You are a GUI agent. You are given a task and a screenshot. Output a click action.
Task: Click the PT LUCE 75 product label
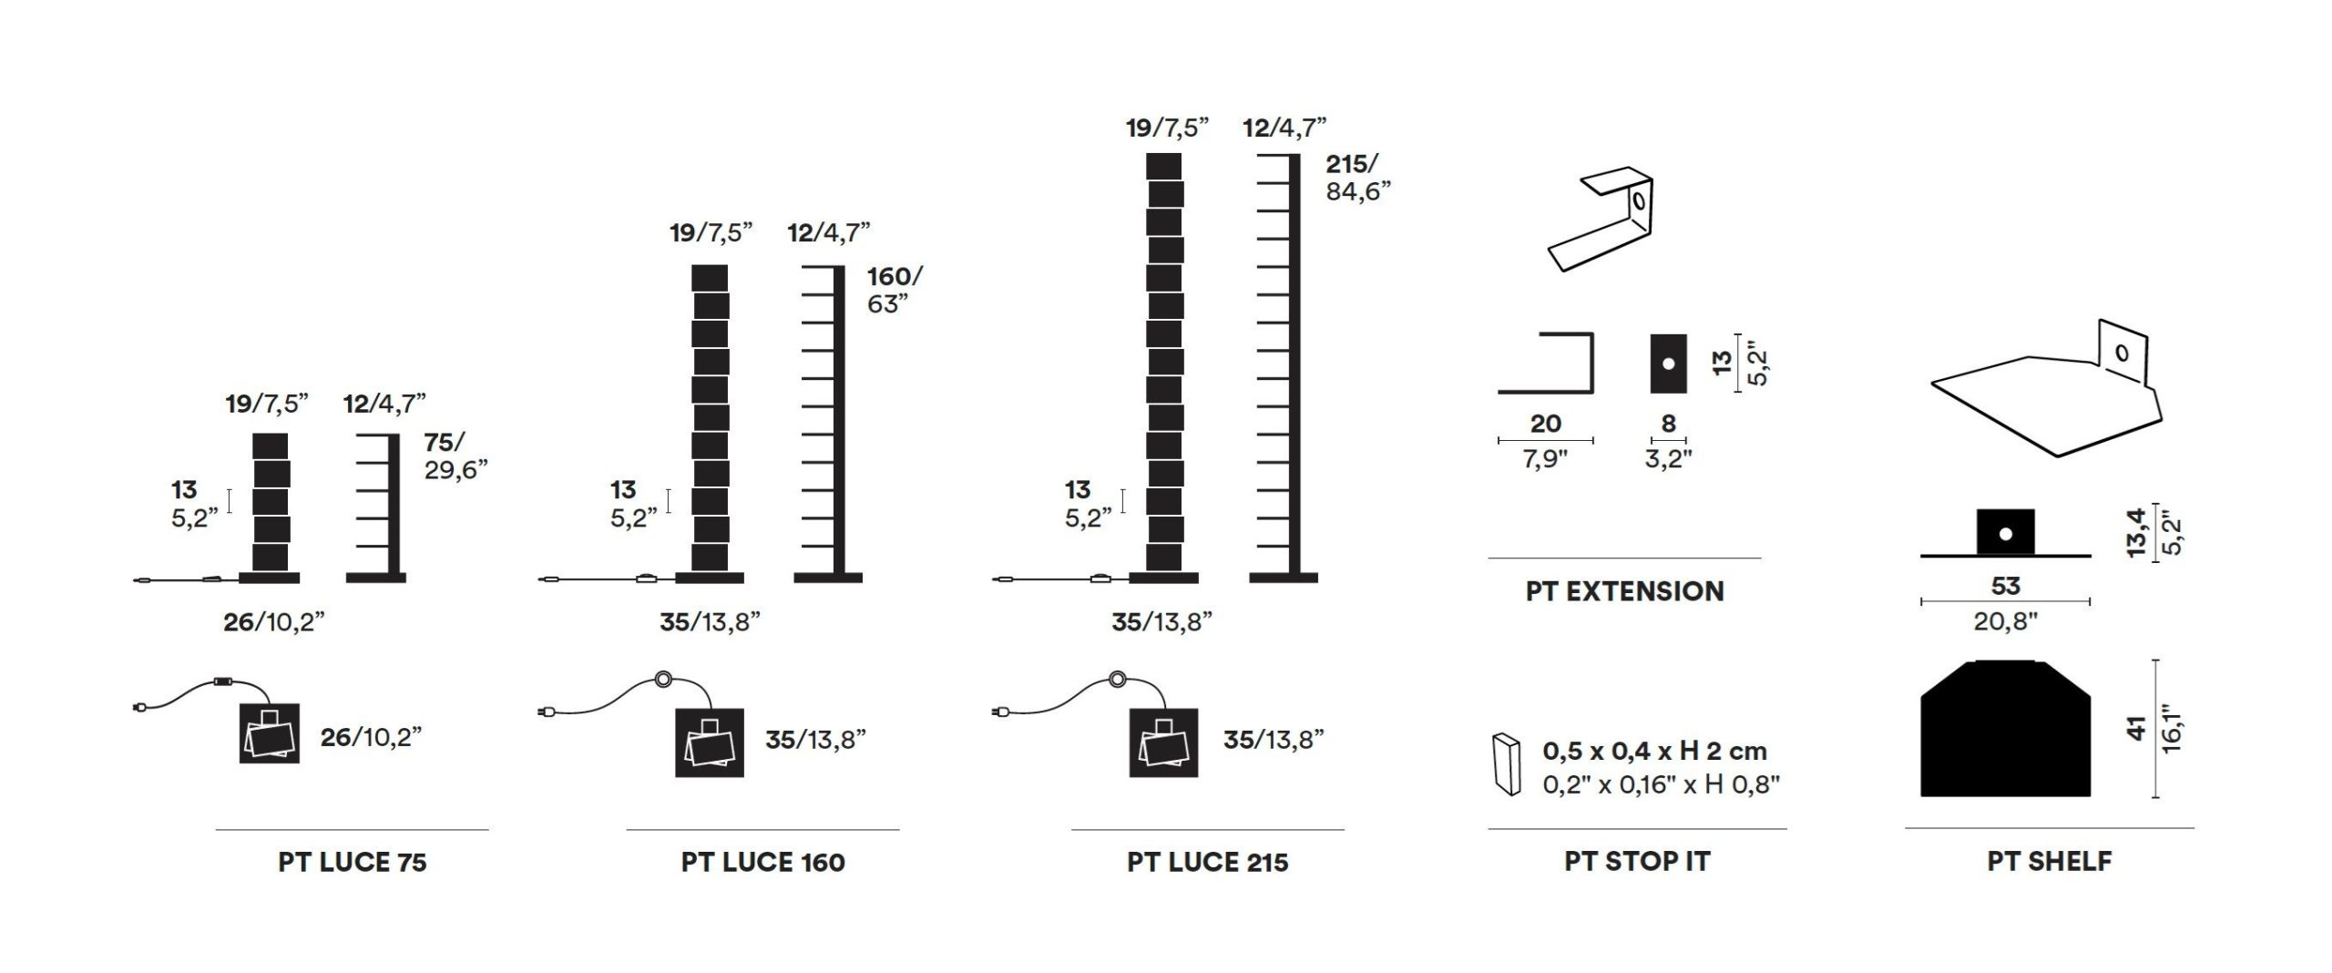(353, 862)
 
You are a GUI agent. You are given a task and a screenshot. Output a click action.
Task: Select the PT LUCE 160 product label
(763, 862)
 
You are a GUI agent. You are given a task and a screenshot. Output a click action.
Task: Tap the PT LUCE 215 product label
(1208, 862)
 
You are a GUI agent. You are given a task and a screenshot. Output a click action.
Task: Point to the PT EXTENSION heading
(1625, 591)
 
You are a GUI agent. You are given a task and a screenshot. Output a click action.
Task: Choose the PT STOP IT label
(1638, 861)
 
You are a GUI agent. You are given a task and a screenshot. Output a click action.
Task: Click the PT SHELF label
(2050, 861)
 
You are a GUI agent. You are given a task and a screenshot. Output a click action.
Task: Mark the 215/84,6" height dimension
(1358, 178)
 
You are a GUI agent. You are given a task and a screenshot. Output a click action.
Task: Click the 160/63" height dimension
(895, 290)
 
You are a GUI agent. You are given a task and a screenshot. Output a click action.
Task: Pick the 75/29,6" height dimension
(455, 456)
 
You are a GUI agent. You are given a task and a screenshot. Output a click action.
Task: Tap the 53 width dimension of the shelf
(2006, 586)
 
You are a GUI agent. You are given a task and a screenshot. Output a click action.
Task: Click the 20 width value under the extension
(1546, 424)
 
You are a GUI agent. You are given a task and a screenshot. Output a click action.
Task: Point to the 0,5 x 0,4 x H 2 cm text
(1655, 752)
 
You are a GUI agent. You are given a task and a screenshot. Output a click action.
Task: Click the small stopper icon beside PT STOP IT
(1507, 763)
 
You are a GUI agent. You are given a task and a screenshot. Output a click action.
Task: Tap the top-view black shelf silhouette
(2006, 728)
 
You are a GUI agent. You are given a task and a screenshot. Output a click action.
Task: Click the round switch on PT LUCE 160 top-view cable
(662, 679)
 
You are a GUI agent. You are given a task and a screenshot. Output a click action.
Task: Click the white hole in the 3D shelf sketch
(2122, 353)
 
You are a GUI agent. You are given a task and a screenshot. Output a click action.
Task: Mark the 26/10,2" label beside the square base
(371, 737)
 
